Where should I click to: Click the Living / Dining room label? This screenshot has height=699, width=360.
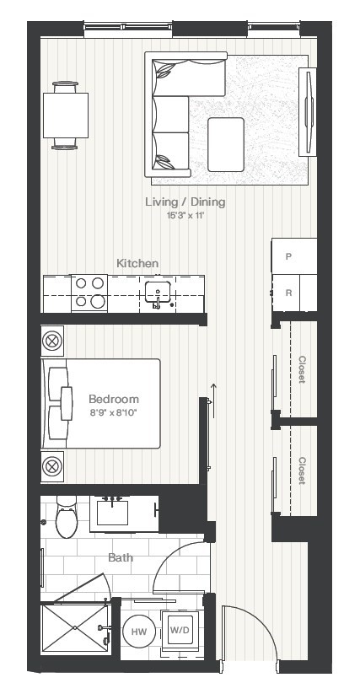[x=185, y=202]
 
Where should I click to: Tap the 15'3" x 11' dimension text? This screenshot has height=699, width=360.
[x=185, y=216]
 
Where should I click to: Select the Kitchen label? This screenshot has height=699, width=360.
[x=137, y=264]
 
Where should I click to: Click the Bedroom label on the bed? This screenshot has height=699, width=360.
[x=113, y=399]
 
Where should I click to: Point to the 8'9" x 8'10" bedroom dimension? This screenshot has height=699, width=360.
[x=113, y=412]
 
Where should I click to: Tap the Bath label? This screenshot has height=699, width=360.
[x=120, y=557]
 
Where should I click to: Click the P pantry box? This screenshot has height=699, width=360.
[x=289, y=256]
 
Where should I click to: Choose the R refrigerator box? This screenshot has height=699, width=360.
[x=289, y=293]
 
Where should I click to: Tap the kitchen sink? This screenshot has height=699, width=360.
[x=158, y=293]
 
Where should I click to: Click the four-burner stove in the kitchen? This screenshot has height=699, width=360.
[x=89, y=293]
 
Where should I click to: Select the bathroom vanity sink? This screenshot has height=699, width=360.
[x=111, y=513]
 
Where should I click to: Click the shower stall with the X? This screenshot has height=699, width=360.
[x=73, y=628]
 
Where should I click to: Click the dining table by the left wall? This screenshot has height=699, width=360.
[x=66, y=116]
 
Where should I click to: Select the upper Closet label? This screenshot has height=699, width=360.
[x=302, y=369]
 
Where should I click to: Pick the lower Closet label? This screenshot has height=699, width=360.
[x=302, y=470]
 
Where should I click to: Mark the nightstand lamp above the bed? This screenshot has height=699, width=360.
[x=52, y=341]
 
